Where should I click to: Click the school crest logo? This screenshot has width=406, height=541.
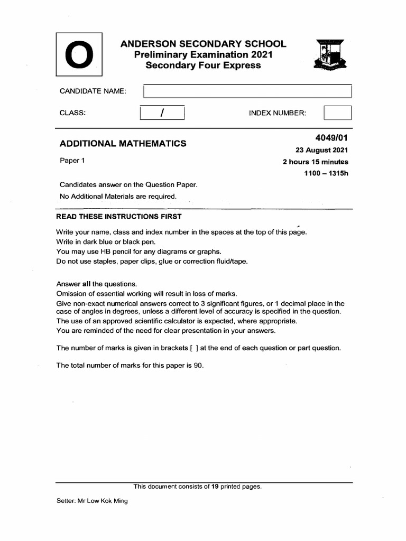pyautogui.click(x=330, y=55)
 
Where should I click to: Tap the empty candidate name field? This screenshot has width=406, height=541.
pyautogui.click(x=247, y=91)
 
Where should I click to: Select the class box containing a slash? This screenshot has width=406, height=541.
pyautogui.click(x=162, y=114)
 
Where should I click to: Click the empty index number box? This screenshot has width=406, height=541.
pyautogui.click(x=337, y=114)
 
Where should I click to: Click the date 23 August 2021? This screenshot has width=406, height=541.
pyautogui.click(x=321, y=151)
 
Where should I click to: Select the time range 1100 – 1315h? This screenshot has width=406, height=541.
pyautogui.click(x=326, y=174)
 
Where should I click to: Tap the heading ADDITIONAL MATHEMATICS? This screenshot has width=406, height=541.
pyautogui.click(x=123, y=143)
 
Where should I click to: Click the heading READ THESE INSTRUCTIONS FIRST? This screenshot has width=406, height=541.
pyautogui.click(x=119, y=217)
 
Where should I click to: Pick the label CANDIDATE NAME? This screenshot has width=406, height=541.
pyautogui.click(x=93, y=91)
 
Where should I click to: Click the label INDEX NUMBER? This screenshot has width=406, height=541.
pyautogui.click(x=278, y=114)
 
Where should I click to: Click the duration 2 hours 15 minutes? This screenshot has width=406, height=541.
pyautogui.click(x=316, y=162)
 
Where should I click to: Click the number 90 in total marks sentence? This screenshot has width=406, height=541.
pyautogui.click(x=198, y=366)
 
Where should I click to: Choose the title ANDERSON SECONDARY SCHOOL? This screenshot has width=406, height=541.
pyautogui.click(x=204, y=44)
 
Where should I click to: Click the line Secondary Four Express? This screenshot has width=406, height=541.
pyautogui.click(x=204, y=66)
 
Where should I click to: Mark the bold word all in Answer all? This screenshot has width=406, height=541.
pyautogui.click(x=86, y=284)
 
